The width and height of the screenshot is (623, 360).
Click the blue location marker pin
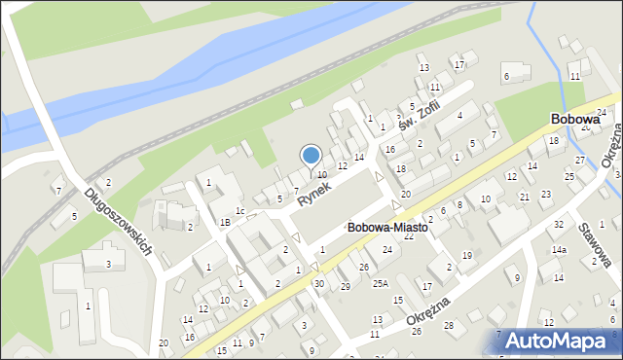311,156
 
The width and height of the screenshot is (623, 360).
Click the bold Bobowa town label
574,119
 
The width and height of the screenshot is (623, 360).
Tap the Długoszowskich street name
120,223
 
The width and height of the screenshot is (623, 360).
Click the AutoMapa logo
565,340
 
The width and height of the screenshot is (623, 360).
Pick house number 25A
380,282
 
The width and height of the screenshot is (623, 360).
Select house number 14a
559,250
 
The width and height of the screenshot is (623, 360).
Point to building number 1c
239,209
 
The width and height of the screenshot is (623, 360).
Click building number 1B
224,223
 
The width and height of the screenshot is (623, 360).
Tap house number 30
318,283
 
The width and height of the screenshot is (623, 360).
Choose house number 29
345,286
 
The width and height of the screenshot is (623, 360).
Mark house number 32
558,224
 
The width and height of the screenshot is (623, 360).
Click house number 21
524,197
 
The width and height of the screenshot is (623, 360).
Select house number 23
546,194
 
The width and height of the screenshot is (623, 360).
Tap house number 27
580,160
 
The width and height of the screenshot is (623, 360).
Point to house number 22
409,236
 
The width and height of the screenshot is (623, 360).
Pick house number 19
467,255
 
